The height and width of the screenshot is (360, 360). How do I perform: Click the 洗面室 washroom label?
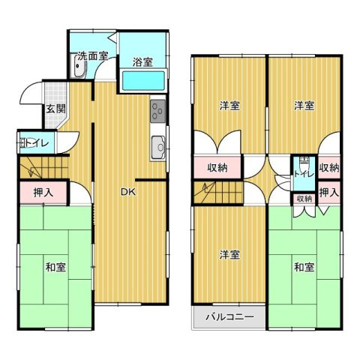92,55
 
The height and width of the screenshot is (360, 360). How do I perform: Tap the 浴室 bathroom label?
142,62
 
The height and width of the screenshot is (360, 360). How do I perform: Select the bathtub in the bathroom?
143,80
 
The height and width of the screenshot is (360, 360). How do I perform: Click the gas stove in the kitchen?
158,111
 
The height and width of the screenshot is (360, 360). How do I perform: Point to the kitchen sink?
158,148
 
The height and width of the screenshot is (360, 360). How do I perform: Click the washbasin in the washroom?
79,67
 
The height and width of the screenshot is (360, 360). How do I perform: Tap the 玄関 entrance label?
55,109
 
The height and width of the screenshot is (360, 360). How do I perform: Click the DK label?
128,192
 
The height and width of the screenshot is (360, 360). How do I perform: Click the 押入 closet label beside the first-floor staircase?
43,193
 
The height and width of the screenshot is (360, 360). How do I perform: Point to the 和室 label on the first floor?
55,267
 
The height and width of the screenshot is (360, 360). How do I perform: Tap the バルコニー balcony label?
229,317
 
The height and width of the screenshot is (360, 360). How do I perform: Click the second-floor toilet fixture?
304,160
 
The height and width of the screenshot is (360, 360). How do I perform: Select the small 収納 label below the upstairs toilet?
304,199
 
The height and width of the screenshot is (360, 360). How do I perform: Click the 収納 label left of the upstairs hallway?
217,168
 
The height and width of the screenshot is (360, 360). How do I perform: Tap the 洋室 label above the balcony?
229,255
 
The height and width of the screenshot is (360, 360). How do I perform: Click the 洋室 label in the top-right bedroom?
304,106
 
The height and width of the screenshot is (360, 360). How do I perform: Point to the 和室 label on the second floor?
304,267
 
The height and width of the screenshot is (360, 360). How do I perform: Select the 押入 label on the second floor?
329,193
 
